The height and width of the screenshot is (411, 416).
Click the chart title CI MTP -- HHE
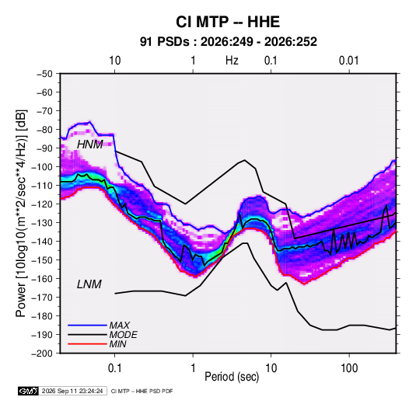point(228,22)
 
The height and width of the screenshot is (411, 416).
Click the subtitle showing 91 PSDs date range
point(228,42)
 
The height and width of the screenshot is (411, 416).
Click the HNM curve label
point(89,145)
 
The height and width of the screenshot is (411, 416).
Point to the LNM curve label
point(89,284)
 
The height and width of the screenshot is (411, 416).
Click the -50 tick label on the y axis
point(44,74)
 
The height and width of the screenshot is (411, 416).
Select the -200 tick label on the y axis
point(42,354)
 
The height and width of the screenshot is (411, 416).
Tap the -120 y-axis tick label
point(42,204)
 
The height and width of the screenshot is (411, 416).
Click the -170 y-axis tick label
point(42,298)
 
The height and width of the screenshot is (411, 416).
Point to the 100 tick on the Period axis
point(349,368)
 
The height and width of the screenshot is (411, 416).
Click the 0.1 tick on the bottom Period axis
point(114,368)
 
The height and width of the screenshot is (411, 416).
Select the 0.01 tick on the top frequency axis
point(348,61)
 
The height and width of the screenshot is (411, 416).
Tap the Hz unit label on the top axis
point(232,61)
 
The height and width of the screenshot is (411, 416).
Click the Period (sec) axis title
point(232,377)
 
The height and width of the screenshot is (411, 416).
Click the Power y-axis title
point(21,214)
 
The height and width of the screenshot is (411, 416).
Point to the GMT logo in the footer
point(28,391)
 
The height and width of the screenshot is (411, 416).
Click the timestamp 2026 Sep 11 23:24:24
point(72,391)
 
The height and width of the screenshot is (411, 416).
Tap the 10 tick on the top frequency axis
point(115,61)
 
